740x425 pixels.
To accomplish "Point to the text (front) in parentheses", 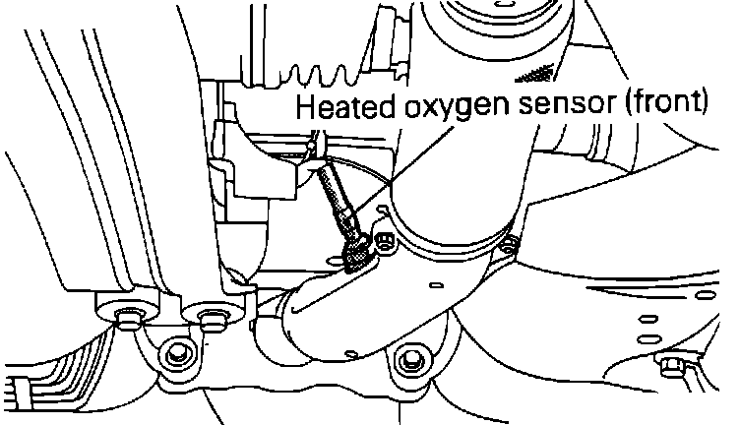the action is (661, 104).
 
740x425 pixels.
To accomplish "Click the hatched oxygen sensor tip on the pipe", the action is (358, 254).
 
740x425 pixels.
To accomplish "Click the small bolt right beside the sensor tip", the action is (385, 237).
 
